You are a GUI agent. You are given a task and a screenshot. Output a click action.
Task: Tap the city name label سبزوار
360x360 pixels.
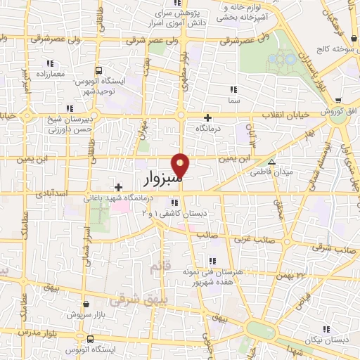pyautogui.click(x=164, y=180)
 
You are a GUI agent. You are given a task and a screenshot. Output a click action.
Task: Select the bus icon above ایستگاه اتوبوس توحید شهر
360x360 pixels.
pyautogui.click(x=98, y=70)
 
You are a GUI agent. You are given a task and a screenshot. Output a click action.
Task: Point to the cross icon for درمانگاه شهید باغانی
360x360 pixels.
pyautogui.click(x=118, y=187)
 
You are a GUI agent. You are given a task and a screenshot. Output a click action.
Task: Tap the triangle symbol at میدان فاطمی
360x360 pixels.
pyautogui.click(x=281, y=160)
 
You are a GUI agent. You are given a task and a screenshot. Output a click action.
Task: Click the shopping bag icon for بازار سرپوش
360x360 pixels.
pyautogui.click(x=86, y=304)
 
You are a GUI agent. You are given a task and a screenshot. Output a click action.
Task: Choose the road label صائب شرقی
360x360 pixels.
pyautogui.click(x=333, y=247)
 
